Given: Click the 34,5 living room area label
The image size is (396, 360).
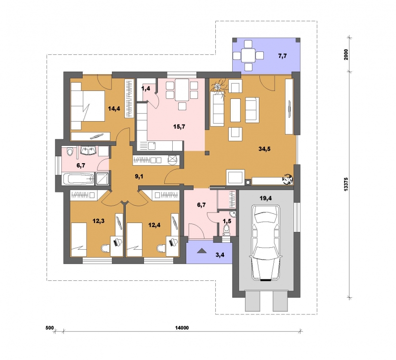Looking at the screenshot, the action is coord(264,149).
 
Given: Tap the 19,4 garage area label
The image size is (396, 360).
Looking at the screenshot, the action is coord(266,198).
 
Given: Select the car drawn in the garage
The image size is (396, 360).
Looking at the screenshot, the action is coord(266,243).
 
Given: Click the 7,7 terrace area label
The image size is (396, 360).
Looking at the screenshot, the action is coord(283,56).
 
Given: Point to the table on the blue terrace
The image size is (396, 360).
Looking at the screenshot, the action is coord(248,55).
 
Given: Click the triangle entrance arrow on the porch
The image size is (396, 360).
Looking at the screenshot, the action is coord(202,251).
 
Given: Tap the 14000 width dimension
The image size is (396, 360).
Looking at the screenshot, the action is coord(182,328).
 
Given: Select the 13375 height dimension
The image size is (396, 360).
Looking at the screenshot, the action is coord(346,184).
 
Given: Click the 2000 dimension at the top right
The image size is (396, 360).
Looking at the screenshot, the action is coord(346,54).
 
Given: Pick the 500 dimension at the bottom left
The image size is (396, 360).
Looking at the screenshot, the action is coord(50,328).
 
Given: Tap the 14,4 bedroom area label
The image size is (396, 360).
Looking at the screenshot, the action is coord(114,109).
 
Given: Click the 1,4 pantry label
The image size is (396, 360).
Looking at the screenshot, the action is coord(146,89).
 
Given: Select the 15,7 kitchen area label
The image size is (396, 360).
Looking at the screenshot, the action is coord(179,127).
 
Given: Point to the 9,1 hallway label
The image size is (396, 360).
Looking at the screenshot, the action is coord(139,177).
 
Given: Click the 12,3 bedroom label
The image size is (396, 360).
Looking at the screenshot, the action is coord(99,221).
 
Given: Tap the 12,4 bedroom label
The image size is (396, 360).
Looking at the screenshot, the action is coord(154,225).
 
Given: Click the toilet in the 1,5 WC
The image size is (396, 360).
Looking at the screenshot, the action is coord(227,230).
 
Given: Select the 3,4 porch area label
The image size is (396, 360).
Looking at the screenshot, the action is coord(220,255).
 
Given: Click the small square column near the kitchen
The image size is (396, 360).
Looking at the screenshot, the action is coord(207,153).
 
